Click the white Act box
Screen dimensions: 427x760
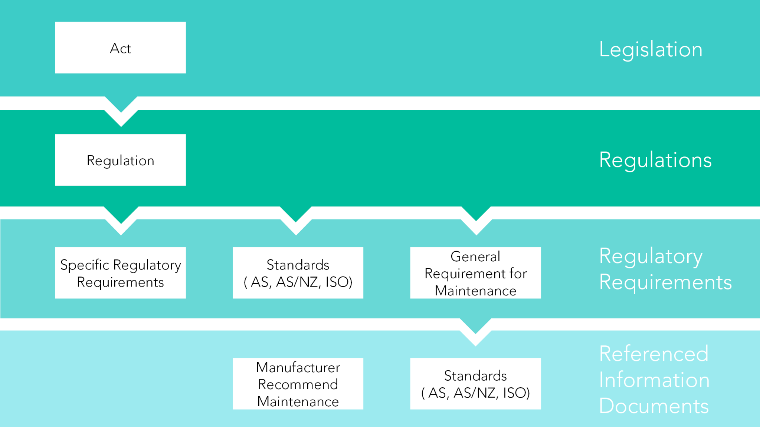[x=120, y=47]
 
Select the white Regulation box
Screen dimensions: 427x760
[x=120, y=160]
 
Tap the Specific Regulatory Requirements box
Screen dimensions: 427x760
[x=120, y=273]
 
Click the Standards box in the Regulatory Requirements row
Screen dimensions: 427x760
[x=298, y=273]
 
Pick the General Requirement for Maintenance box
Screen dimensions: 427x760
[x=475, y=273]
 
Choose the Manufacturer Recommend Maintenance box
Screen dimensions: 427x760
[x=298, y=384]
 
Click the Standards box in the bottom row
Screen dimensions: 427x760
[x=475, y=384]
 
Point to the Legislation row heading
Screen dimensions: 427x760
[x=651, y=49]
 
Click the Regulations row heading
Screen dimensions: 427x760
[x=655, y=160]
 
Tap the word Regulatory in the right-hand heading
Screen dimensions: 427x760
[x=651, y=256]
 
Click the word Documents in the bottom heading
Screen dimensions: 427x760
[x=653, y=406]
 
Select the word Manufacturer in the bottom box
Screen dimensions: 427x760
[x=298, y=367]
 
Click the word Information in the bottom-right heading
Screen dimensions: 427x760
[x=654, y=380]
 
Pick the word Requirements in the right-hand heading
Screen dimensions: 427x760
[x=665, y=282]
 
